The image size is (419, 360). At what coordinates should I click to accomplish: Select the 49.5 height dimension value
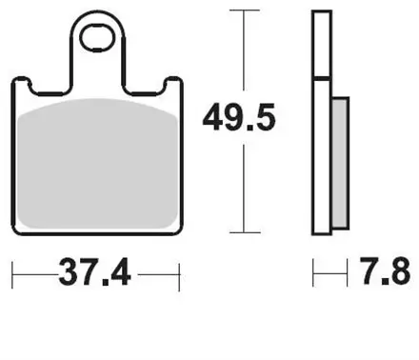(246, 120)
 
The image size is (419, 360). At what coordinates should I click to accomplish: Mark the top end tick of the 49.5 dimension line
(245, 11)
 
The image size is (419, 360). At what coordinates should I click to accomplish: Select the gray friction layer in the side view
(339, 162)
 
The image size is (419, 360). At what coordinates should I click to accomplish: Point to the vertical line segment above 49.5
(245, 52)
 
